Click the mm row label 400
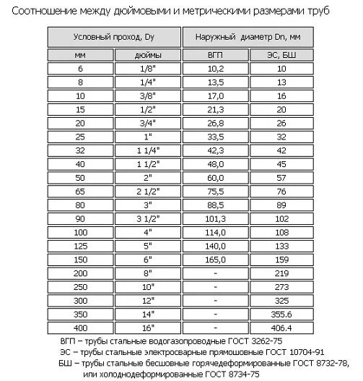79,328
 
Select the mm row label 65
79,192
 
